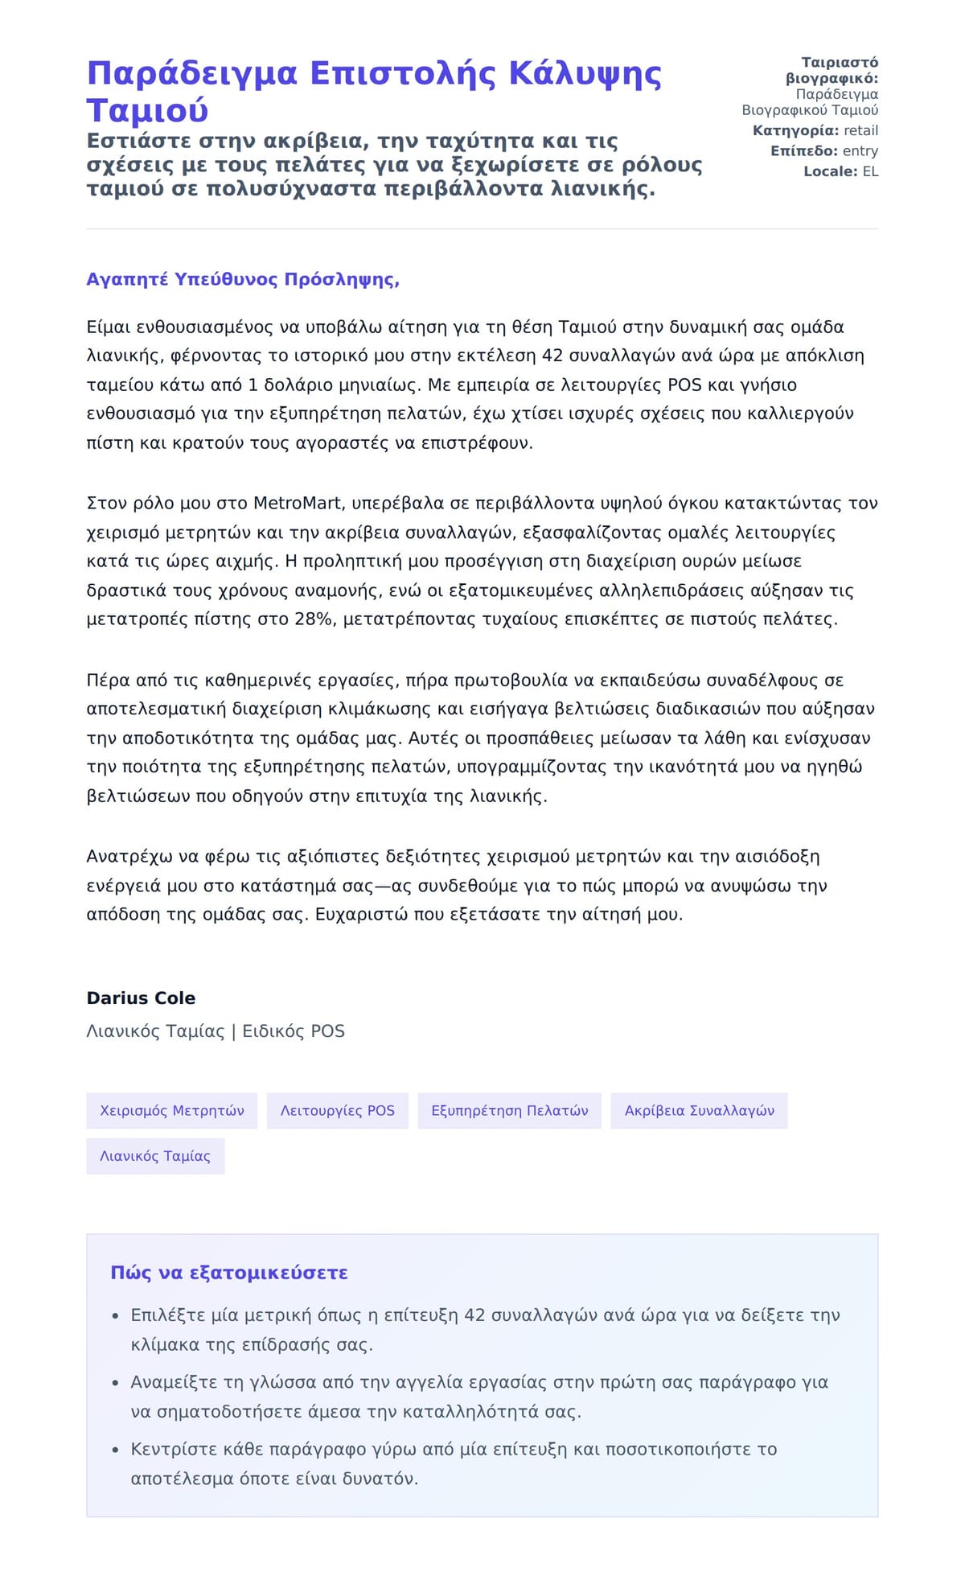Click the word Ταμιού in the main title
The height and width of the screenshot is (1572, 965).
click(147, 111)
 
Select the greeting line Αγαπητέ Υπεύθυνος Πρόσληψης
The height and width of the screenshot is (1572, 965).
click(243, 280)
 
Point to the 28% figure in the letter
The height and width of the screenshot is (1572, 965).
click(314, 619)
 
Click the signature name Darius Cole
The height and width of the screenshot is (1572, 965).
click(141, 998)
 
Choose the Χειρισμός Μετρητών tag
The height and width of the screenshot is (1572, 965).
click(172, 1111)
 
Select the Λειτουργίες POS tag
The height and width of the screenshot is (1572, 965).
click(338, 1111)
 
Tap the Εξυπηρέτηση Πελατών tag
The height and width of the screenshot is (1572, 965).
click(510, 1111)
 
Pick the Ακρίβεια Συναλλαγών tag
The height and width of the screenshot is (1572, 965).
click(700, 1111)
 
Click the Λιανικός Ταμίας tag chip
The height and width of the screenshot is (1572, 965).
click(155, 1156)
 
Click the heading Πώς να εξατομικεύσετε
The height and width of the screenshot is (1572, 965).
click(229, 1274)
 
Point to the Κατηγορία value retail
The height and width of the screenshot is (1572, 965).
click(860, 131)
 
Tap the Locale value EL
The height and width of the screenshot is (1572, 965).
click(870, 171)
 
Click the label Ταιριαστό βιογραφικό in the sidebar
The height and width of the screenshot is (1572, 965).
click(832, 71)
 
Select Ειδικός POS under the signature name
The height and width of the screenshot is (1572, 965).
click(294, 1031)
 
